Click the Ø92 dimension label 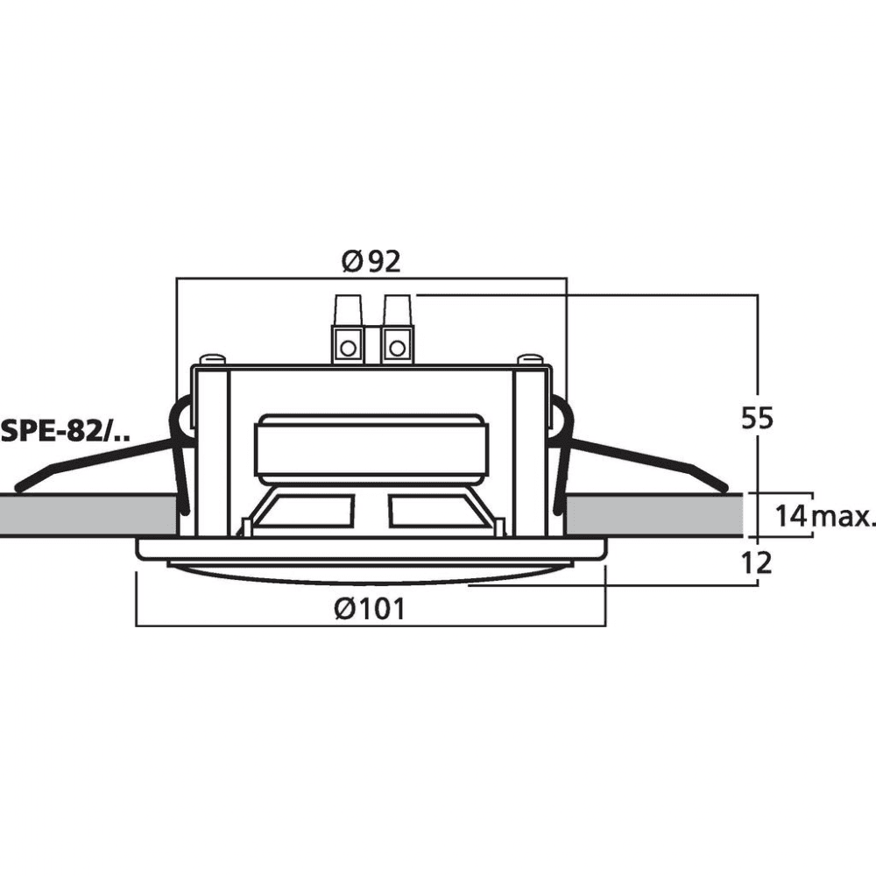[371, 261]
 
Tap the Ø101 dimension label [370, 608]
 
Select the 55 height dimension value [757, 418]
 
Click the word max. [842, 518]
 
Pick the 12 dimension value [756, 562]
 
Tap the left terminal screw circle [348, 348]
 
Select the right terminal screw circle [397, 348]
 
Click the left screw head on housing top [213, 358]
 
